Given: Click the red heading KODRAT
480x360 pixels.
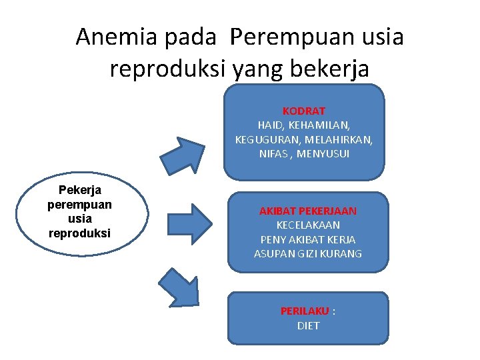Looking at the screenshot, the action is pos(304,111).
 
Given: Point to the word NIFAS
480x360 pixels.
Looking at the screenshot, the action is pos(273,154).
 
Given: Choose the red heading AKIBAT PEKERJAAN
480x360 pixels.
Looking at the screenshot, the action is pos(308,211).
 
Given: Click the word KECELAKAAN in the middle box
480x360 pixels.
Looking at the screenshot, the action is pos(308,225).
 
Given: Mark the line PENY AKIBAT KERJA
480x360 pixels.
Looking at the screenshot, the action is pos(308,239).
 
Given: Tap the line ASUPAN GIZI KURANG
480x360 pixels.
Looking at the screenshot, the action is pos(308,254).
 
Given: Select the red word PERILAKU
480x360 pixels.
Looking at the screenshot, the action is pos(305,311).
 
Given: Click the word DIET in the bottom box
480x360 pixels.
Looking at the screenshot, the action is pos(308,326).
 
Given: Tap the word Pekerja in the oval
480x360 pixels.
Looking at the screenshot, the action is pos(80,190).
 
